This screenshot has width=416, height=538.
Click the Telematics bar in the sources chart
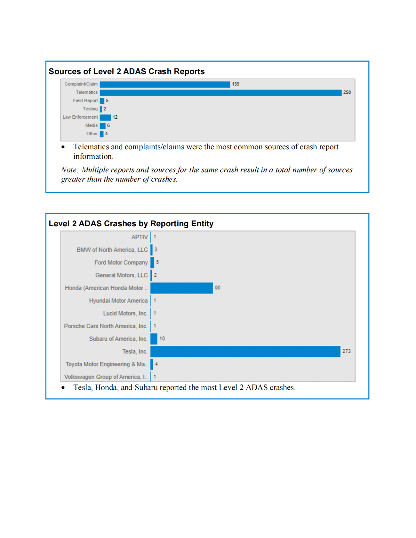click(x=220, y=92)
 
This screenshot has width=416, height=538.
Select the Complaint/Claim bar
click(x=165, y=84)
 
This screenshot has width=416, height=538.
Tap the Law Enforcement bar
click(x=105, y=117)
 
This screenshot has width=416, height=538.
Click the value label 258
click(x=347, y=92)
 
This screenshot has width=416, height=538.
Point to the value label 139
click(x=236, y=84)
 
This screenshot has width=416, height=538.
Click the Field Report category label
click(x=85, y=101)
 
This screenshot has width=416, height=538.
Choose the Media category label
click(x=91, y=126)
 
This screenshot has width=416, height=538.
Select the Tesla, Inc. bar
click(x=245, y=352)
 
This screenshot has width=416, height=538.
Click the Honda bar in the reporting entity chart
click(x=181, y=288)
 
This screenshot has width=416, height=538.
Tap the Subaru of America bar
click(x=154, y=339)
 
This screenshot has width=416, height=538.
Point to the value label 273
click(x=346, y=351)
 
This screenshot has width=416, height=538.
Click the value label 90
click(x=218, y=288)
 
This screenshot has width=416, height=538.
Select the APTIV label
click(x=140, y=237)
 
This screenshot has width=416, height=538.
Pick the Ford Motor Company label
click(x=121, y=262)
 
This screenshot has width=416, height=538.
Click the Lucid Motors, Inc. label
click(x=125, y=314)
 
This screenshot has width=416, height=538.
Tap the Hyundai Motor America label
click(x=118, y=301)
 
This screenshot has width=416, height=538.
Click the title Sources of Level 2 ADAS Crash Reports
click(x=127, y=71)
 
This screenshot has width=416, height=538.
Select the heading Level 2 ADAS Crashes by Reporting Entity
click(x=131, y=223)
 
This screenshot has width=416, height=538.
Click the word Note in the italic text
click(x=69, y=170)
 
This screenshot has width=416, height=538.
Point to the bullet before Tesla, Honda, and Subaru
click(x=63, y=388)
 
